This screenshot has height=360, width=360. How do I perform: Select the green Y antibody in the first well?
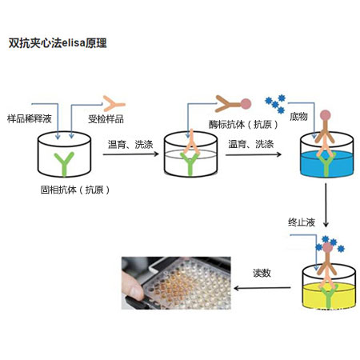coord(66,158)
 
